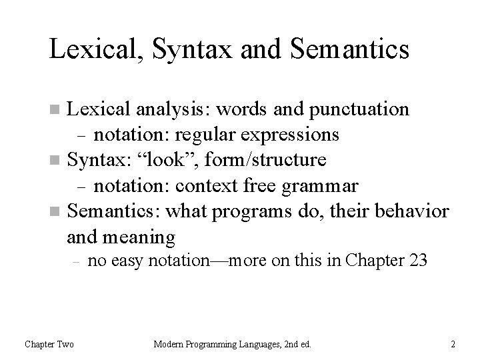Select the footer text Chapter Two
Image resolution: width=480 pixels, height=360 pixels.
point(49,344)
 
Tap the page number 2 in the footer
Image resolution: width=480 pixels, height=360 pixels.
point(453,344)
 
